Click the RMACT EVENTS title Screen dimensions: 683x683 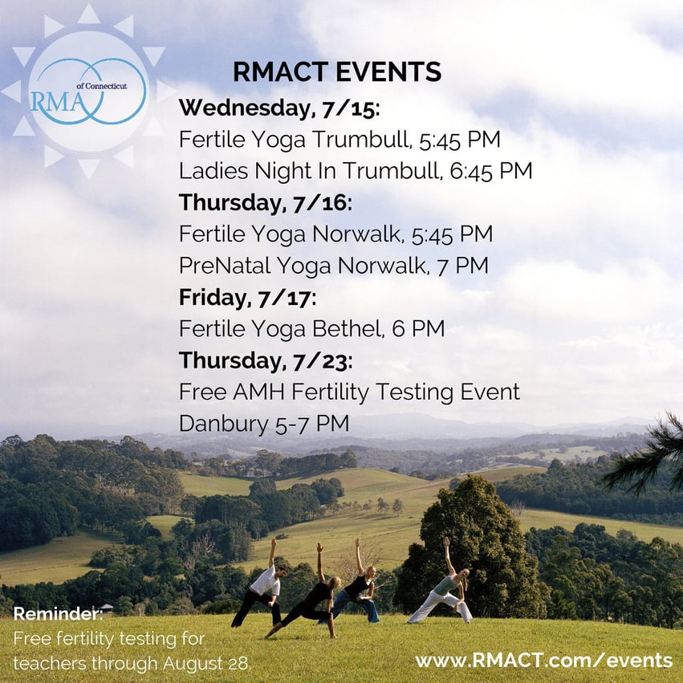[337, 72]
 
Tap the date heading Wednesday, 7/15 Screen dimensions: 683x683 [279, 108]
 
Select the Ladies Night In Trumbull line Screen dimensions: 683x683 [356, 170]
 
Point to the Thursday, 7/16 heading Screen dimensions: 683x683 [266, 203]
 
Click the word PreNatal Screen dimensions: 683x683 [225, 266]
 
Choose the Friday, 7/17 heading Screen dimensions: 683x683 [247, 298]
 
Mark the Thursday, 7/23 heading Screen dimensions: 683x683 [266, 361]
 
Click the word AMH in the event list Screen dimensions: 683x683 [258, 392]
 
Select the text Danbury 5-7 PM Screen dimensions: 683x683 [264, 424]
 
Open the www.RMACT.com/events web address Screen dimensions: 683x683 [544, 661]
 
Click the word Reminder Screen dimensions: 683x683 [58, 614]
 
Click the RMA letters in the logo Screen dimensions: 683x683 [57, 102]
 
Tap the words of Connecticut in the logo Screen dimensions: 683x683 [102, 86]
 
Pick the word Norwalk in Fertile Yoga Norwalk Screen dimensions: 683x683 [356, 234]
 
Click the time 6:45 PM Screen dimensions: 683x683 [491, 170]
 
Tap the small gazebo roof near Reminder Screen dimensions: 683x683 [106, 606]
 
